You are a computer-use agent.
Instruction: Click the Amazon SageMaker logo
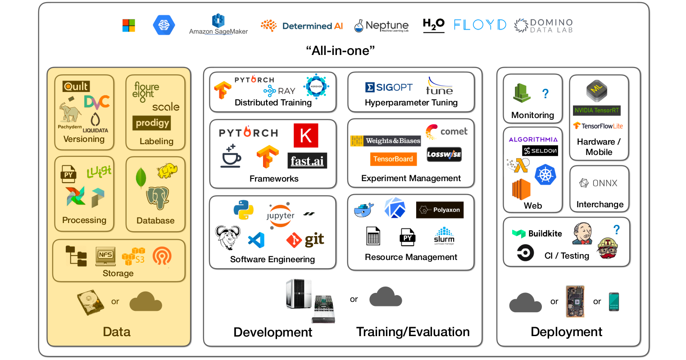click(x=218, y=25)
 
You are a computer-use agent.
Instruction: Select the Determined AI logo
click(x=302, y=26)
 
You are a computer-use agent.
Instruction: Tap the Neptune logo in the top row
click(x=382, y=26)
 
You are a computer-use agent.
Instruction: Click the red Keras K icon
click(x=306, y=135)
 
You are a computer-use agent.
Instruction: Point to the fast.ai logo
click(x=307, y=161)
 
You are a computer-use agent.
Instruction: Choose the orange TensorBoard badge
click(x=393, y=159)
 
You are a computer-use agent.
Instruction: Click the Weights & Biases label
click(x=386, y=141)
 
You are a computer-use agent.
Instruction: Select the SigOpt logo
click(x=389, y=87)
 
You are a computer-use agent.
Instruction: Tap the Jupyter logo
click(x=280, y=215)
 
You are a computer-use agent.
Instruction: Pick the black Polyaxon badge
click(x=440, y=210)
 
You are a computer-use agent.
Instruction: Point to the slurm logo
click(x=444, y=236)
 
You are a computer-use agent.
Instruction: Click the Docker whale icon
click(x=363, y=210)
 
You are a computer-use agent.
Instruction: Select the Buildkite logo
click(x=537, y=233)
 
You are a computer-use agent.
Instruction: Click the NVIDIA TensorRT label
click(x=597, y=110)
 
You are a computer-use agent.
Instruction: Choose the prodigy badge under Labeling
click(x=152, y=123)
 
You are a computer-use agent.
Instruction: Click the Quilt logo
click(x=76, y=86)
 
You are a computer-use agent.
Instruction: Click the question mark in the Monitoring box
click(x=545, y=93)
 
